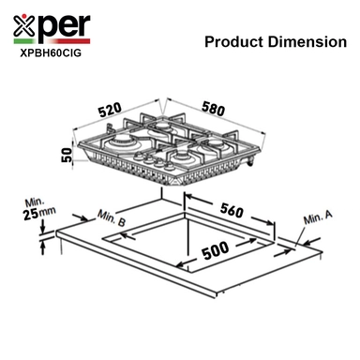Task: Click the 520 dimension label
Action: click(110, 110)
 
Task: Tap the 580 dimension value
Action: click(213, 108)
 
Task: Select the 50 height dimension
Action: click(67, 155)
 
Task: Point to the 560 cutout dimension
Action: click(232, 210)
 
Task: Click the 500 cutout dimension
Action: click(216, 250)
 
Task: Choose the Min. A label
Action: click(318, 217)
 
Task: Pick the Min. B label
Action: click(112, 217)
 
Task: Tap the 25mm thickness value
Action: click(39, 213)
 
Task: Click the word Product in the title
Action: click(234, 42)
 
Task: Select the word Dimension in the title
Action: click(307, 42)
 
